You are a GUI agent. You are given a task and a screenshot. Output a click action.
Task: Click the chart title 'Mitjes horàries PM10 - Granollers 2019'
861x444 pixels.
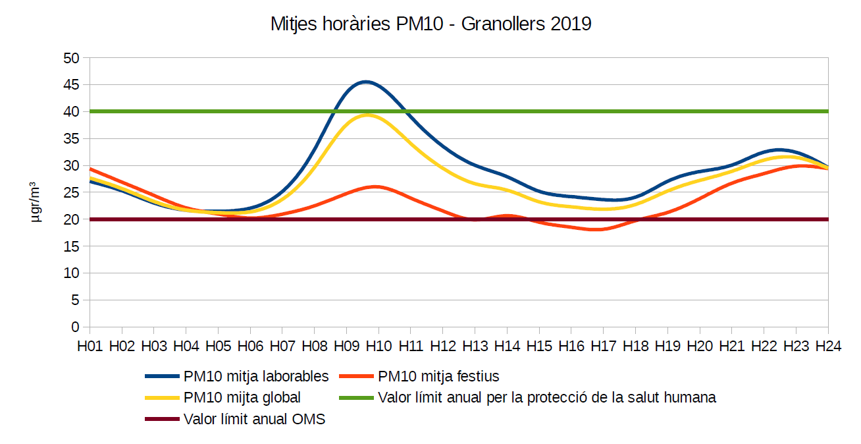(430, 24)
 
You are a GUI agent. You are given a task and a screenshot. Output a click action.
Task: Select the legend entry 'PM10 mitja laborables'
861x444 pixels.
(256, 377)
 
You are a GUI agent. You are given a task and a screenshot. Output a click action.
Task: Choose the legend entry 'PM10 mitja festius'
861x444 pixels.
(438, 377)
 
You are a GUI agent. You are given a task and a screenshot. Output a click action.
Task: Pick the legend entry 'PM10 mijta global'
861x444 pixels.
(242, 398)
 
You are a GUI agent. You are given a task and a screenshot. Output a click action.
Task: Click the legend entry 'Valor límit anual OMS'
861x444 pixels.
(254, 419)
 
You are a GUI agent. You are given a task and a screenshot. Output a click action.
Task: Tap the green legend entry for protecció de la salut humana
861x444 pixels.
(547, 398)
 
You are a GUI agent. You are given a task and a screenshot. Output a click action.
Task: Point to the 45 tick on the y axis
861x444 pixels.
(71, 85)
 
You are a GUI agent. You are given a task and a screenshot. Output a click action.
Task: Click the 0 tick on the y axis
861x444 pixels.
(75, 327)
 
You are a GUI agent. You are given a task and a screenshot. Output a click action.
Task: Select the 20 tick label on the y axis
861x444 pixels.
(71, 219)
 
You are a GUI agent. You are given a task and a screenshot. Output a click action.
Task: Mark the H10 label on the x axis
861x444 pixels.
(379, 346)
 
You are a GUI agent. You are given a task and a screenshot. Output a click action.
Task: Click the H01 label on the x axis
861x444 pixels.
(90, 346)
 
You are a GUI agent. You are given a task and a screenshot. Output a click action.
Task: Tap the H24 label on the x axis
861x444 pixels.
(828, 346)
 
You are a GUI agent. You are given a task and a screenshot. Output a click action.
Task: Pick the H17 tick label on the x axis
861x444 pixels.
(604, 346)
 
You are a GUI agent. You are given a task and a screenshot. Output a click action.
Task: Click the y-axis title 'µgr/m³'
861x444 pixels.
(37, 202)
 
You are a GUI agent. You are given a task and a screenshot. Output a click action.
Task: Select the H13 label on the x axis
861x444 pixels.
(475, 346)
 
